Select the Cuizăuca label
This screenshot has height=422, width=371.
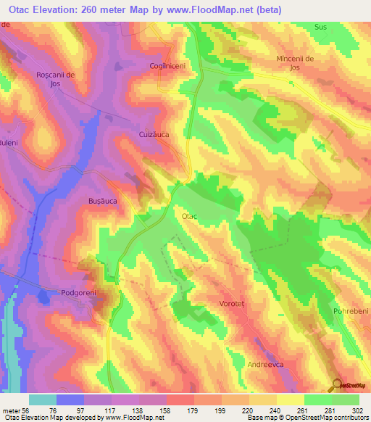pyautogui.click(x=153, y=135)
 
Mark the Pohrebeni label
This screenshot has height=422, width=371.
pyautogui.click(x=351, y=311)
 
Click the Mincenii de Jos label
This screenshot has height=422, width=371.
pyautogui.click(x=299, y=62)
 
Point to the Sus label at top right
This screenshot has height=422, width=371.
pyautogui.click(x=321, y=27)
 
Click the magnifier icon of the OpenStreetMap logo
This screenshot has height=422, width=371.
pyautogui.click(x=338, y=385)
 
